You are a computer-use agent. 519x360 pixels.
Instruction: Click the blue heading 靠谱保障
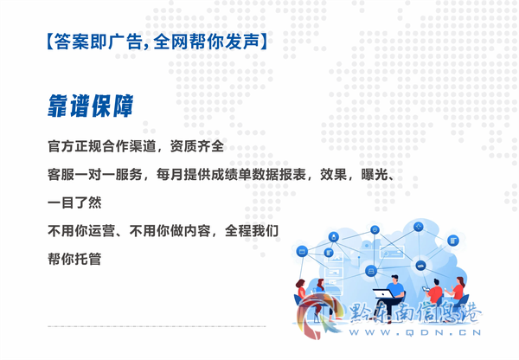pos(90,106)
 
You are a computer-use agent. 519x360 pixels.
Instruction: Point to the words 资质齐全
pos(197,146)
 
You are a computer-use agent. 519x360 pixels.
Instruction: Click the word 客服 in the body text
pos(61,174)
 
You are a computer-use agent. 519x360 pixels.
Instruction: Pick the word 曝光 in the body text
pos(374,174)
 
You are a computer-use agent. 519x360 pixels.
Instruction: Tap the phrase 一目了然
pos(74,202)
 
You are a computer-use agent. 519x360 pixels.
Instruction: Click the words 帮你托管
pos(74,259)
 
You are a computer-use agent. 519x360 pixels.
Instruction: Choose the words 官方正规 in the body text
pos(74,146)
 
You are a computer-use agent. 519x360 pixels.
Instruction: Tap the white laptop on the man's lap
pos(383,293)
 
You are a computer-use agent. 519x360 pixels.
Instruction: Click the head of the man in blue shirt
pos(394,279)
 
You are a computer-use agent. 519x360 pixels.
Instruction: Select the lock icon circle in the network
pos(334,237)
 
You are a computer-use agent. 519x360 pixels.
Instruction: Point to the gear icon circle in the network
pos(375,229)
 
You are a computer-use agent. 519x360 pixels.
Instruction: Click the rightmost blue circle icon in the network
pos(452,240)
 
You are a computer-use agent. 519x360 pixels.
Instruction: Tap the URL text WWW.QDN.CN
pos(415,332)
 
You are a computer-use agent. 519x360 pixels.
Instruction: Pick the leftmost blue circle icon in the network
pos(302,251)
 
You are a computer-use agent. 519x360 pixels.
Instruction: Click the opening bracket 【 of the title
pos(49,42)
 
